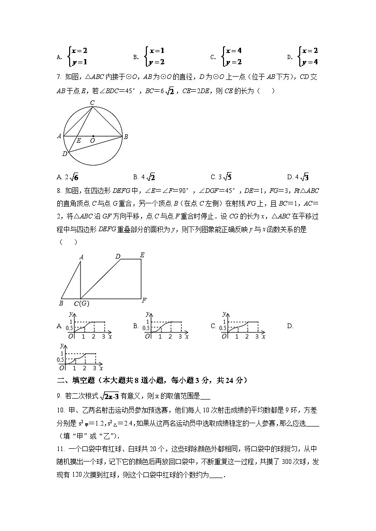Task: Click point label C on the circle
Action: point(92,103)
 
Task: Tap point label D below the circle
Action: point(64,154)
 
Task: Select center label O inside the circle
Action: point(92,140)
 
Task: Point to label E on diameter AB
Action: point(79,140)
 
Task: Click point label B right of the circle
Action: point(126,137)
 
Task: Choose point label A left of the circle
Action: point(59,136)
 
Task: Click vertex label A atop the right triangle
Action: point(81,257)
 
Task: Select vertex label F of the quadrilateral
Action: point(144,300)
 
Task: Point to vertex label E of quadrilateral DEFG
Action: point(142,255)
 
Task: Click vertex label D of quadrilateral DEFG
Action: point(118,256)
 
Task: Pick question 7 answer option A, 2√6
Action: point(67,177)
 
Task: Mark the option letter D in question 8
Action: point(290,326)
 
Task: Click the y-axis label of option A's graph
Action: point(71,314)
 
